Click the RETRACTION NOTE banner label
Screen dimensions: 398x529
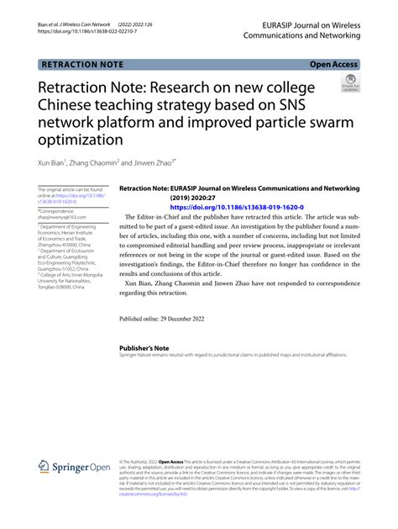coord(82,65)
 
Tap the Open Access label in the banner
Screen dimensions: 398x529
coord(333,65)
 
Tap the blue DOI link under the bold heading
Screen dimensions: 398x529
coord(237,206)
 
